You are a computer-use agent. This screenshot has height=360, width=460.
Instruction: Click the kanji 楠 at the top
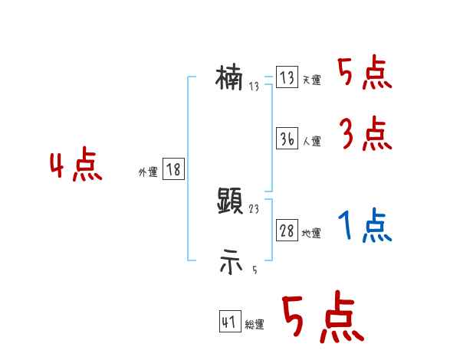tap(229, 77)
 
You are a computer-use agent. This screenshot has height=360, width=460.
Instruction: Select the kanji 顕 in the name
tap(230, 201)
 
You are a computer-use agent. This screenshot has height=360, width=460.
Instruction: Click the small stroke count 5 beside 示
tap(255, 270)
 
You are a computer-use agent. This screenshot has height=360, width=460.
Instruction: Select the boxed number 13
tap(287, 78)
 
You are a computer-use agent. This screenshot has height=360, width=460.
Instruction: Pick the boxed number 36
tap(287, 139)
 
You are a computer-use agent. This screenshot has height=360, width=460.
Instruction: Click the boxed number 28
tap(287, 231)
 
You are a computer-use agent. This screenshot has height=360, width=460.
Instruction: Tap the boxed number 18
tap(173, 170)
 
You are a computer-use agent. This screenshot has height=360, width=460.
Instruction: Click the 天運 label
tap(311, 80)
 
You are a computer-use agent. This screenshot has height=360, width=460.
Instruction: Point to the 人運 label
tap(311, 142)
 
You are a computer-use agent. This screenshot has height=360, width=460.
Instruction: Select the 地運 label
tap(311, 234)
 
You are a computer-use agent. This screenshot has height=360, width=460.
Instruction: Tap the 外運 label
tap(147, 172)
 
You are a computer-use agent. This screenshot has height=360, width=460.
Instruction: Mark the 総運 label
tap(255, 325)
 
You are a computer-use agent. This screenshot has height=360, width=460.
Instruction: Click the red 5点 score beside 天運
tap(365, 74)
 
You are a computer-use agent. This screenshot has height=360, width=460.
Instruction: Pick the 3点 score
tap(366, 136)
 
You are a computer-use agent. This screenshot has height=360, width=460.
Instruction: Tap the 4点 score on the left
tap(76, 166)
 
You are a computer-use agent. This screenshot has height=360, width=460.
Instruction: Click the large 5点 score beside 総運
tap(321, 318)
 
